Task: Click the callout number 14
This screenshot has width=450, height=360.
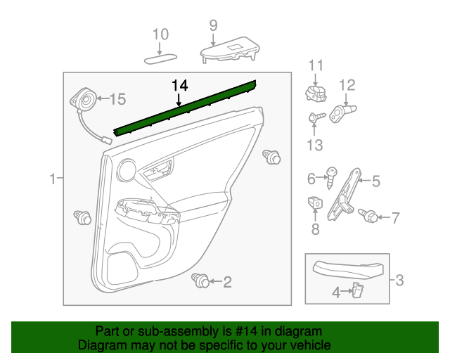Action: point(180,85)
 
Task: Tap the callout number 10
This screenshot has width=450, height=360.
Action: point(160,34)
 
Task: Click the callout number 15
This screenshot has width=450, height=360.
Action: point(117,98)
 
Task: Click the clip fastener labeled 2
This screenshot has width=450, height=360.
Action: point(200,282)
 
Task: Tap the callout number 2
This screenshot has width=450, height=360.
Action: point(226,282)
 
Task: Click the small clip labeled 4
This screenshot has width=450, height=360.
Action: point(357,290)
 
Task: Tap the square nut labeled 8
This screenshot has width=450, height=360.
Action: point(315,204)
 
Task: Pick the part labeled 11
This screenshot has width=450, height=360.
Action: point(314,93)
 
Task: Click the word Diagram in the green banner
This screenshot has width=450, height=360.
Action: point(100,346)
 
